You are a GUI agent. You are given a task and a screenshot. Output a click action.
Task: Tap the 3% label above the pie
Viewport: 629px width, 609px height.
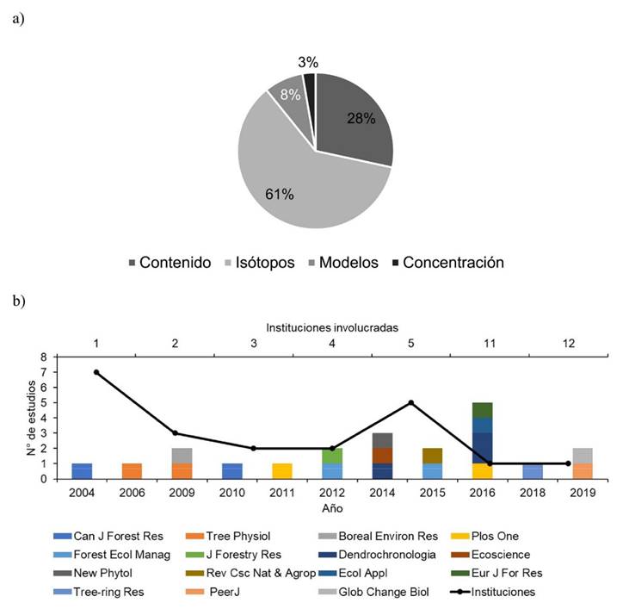coord(308,62)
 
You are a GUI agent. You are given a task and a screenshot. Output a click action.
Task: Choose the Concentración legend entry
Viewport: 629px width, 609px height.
coord(453,263)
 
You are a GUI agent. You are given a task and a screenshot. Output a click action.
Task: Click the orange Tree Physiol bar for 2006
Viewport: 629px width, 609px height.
coord(133,471)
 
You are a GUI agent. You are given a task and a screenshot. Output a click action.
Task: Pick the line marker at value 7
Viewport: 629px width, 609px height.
coord(96,372)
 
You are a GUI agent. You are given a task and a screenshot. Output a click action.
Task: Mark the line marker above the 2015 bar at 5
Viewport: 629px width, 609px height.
coord(411,402)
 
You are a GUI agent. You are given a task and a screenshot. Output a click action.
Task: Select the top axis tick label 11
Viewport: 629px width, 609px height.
coord(488,343)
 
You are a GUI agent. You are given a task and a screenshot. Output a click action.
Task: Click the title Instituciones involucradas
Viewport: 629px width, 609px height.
coord(331,327)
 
